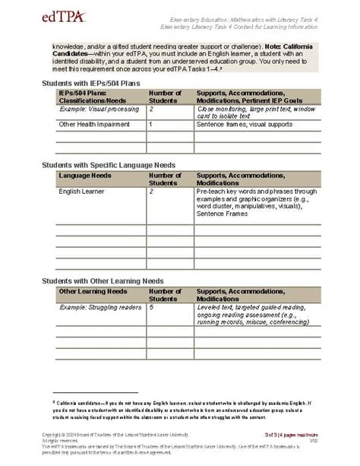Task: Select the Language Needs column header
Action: coord(84,175)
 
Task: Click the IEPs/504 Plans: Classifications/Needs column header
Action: coord(92,97)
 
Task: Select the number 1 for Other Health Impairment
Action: coord(151,123)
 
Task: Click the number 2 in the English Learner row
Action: coord(152,192)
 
